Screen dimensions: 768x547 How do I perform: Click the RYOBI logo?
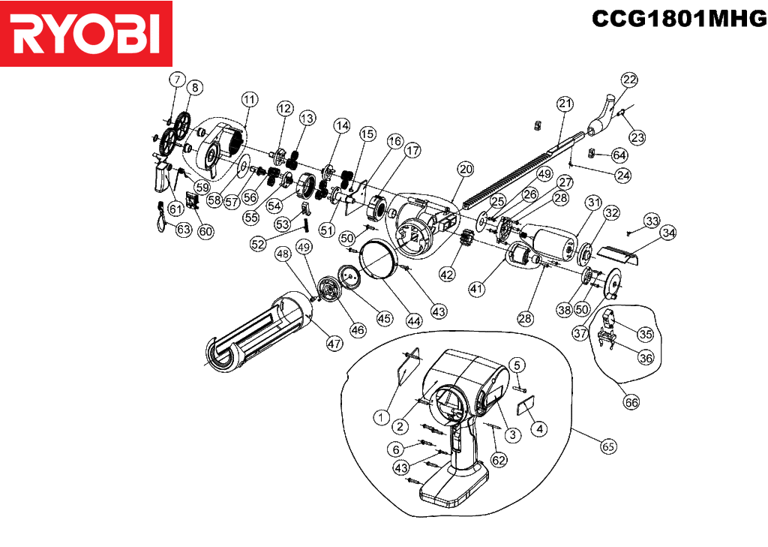[x=86, y=33]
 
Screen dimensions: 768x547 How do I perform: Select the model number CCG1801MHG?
[x=679, y=19]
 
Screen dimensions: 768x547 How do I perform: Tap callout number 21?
[x=565, y=104]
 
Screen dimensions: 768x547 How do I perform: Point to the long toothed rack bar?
[x=524, y=169]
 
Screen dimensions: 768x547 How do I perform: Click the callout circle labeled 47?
[x=334, y=344]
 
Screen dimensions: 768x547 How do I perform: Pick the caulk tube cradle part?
[x=259, y=331]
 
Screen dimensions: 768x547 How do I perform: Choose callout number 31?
[x=594, y=202]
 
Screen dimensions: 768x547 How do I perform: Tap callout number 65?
[x=607, y=446]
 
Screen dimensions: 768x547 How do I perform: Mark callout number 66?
[x=631, y=402]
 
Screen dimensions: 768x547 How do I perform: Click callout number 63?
[x=183, y=229]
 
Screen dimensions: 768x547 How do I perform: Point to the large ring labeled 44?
[x=378, y=260]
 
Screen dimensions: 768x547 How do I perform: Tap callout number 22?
[x=629, y=80]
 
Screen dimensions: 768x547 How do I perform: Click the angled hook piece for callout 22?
[x=601, y=116]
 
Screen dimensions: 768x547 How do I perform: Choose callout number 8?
[x=195, y=87]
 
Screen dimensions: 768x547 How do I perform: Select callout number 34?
[x=667, y=233]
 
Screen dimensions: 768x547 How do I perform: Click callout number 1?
[x=381, y=418]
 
